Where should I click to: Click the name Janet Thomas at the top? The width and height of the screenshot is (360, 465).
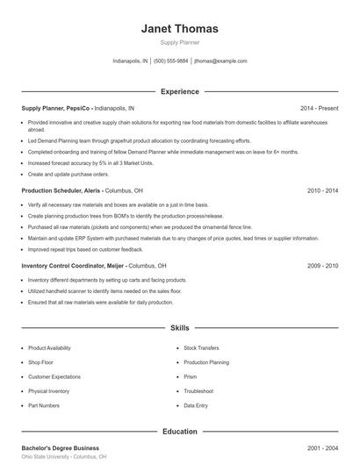click(x=179, y=29)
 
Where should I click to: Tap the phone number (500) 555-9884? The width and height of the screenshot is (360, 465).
click(x=171, y=61)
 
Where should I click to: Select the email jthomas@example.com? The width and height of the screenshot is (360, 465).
click(x=220, y=61)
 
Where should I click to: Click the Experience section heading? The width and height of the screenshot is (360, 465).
click(x=179, y=91)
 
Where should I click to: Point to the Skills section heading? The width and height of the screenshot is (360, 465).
click(x=179, y=327)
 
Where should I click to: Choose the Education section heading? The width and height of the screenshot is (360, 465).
click(x=179, y=432)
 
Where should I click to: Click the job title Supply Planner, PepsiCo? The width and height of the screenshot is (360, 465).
click(x=56, y=107)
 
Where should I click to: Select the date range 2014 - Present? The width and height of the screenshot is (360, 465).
click(x=319, y=107)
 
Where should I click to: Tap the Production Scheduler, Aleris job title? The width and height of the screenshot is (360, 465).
click(x=61, y=190)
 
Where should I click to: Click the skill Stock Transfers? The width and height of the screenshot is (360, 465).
click(x=202, y=347)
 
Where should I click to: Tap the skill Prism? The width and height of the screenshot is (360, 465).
click(x=191, y=376)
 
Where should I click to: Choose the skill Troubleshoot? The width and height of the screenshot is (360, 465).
click(x=198, y=391)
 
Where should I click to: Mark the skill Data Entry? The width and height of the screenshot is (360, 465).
click(x=196, y=405)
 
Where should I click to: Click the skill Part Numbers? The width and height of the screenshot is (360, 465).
click(x=44, y=405)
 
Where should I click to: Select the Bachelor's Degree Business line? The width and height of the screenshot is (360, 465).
click(x=61, y=447)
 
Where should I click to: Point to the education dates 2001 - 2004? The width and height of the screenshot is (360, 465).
click(x=322, y=447)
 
